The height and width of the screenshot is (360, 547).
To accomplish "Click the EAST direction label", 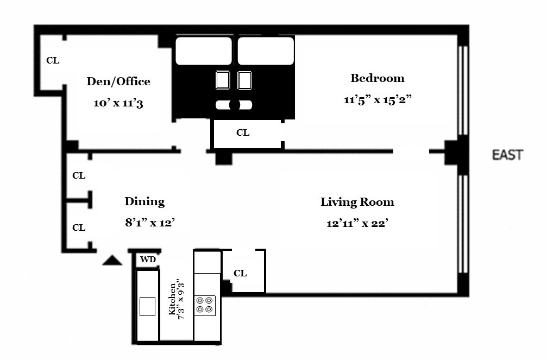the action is (x=507, y=155).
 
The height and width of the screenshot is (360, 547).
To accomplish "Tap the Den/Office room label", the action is (x=118, y=81).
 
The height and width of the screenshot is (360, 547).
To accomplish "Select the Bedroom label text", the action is (x=377, y=78).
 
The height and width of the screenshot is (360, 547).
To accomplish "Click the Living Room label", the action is (x=357, y=202).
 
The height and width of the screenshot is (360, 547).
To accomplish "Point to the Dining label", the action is (x=144, y=201).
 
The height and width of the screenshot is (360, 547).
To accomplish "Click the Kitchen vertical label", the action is (x=172, y=299).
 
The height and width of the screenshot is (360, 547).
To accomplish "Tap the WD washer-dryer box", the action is (x=148, y=260).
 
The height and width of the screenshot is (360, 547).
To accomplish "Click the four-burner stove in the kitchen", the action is (x=205, y=304).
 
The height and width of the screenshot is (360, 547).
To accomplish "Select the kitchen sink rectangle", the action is (x=147, y=306).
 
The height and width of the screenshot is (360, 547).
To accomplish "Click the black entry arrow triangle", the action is (x=112, y=261).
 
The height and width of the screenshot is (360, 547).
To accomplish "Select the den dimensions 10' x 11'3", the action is (x=118, y=103).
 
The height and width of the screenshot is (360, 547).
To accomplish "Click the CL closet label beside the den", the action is (x=53, y=61).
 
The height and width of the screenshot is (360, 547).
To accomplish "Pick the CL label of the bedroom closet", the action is (x=243, y=132).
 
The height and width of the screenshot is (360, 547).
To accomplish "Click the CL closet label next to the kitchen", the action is (x=240, y=273).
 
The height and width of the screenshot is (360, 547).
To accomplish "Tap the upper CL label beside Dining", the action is (x=79, y=176).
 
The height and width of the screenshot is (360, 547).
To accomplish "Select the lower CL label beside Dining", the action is (x=79, y=228).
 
